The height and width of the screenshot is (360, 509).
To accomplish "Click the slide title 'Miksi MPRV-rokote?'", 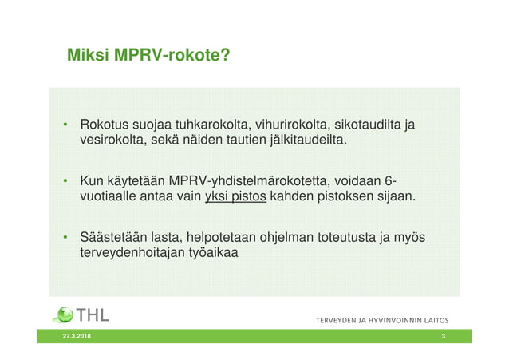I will click(148, 56).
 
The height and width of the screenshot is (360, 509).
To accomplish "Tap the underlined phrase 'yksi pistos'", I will click(235, 196).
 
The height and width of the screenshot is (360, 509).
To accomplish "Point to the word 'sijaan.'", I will click(395, 196).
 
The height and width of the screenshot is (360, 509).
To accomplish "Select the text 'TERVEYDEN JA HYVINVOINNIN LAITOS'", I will click(382, 320).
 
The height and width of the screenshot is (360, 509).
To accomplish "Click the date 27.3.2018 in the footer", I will click(77, 338).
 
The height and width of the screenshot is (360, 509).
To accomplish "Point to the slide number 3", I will click(443, 338).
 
